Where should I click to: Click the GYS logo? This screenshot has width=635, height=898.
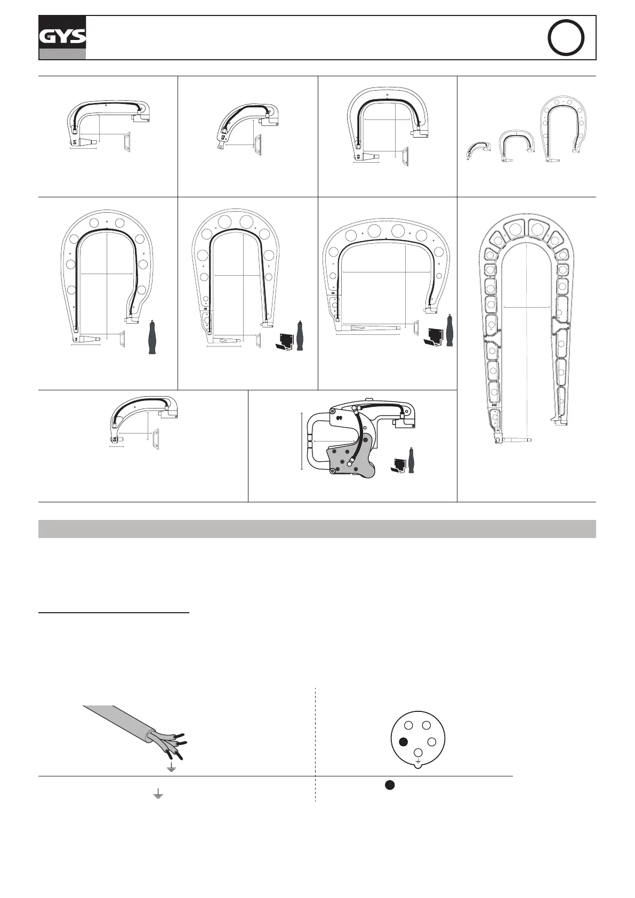coord(62,37)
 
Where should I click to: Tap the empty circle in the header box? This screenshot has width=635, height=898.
coord(566,38)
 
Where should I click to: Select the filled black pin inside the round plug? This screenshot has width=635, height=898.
coord(404,741)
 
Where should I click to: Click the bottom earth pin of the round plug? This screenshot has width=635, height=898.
coord(419,753)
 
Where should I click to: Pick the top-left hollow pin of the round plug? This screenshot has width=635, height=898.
coord(408,725)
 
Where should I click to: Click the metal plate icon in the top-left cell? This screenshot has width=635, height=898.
coord(126,142)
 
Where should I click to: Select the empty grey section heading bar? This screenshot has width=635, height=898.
coord(317,528)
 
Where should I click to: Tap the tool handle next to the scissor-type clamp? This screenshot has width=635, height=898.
coord(411,460)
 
